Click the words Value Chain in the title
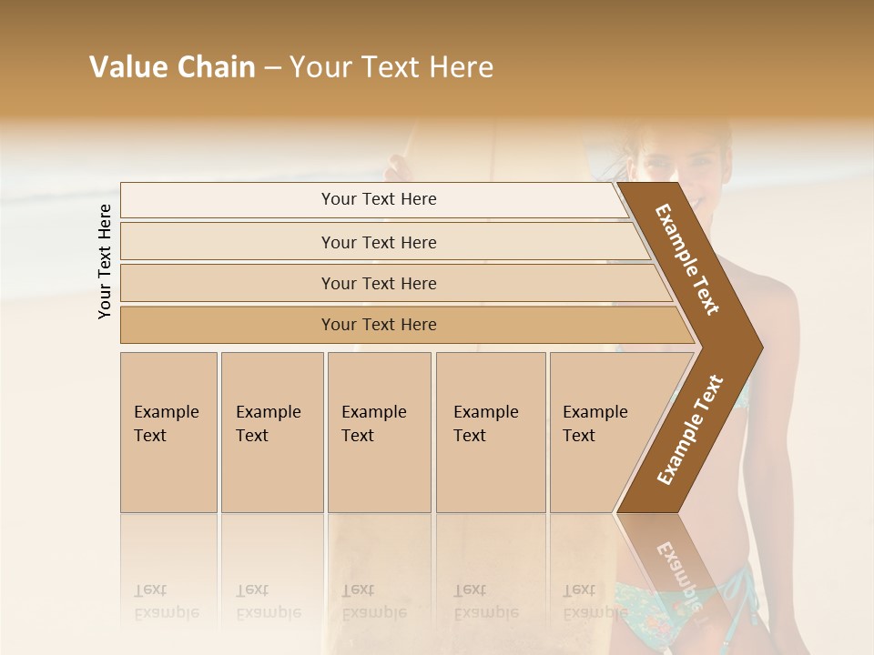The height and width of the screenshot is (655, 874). (x=172, y=67)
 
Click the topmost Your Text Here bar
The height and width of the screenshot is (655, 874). (x=378, y=199)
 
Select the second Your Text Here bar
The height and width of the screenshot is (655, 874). (x=378, y=242)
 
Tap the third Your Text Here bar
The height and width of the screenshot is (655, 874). (x=378, y=283)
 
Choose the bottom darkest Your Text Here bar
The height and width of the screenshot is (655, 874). (x=378, y=325)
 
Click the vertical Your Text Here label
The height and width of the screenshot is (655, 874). (x=105, y=261)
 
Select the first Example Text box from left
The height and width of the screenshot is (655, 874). (x=168, y=432)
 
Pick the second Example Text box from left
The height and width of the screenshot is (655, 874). (x=272, y=432)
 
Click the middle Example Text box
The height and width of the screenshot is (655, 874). (x=379, y=432)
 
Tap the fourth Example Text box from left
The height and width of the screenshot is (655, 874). (x=491, y=432)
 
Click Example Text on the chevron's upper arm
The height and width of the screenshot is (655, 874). (x=687, y=259)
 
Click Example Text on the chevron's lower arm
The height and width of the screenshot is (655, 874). (x=691, y=429)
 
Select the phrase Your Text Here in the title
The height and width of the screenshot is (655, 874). (x=391, y=67)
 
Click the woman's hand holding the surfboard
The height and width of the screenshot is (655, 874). (x=398, y=169)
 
